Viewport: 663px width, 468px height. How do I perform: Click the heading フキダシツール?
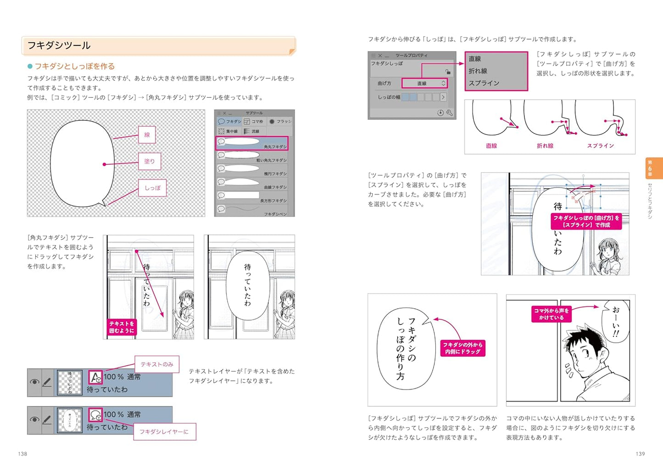[x=59, y=45]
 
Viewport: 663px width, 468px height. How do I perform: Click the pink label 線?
[x=147, y=135]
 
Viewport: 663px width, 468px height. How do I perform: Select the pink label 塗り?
[x=150, y=162]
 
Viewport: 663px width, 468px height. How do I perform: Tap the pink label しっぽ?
[x=152, y=188]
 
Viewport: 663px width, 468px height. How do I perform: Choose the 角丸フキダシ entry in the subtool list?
[x=252, y=143]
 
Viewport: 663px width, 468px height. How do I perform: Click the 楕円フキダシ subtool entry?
[x=252, y=170]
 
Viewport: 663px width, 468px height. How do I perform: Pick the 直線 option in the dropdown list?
[x=475, y=59]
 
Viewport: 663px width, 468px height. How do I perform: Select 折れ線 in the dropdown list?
[x=478, y=71]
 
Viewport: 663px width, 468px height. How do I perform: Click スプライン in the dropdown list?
[x=484, y=83]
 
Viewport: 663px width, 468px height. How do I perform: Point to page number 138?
[x=22, y=454]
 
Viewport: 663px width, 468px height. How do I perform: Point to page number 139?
[x=640, y=454]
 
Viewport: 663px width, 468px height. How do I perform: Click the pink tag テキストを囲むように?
[x=122, y=327]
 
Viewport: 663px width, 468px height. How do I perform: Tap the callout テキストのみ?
[x=157, y=364]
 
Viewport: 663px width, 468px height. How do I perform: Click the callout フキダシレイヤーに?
[x=164, y=432]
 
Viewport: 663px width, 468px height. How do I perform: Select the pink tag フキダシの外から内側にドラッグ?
[x=462, y=348]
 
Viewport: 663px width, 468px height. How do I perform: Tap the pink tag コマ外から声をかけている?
[x=551, y=314]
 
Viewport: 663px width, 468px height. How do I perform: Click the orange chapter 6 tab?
[x=653, y=168]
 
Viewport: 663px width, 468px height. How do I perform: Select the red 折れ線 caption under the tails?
[x=545, y=146]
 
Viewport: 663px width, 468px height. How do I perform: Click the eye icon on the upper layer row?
[x=34, y=382]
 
